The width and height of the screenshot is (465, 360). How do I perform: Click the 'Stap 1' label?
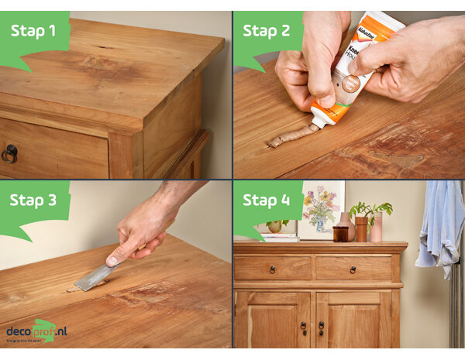[x=33, y=30]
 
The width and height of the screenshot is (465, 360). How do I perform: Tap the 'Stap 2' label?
[x=266, y=30]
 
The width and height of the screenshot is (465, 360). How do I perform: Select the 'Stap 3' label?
[x=33, y=200]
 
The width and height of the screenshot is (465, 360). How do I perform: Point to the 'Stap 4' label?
[x=266, y=200]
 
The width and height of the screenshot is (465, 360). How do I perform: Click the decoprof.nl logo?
[x=37, y=331]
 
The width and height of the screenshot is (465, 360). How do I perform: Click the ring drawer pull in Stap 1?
[x=9, y=153]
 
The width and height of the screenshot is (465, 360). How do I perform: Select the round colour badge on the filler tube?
[x=351, y=84]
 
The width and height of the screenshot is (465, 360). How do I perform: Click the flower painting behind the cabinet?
[x=321, y=207]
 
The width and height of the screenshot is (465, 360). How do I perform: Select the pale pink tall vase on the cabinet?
[x=376, y=228]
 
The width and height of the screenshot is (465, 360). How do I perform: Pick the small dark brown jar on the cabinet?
[x=341, y=233]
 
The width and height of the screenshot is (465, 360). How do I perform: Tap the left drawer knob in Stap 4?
[x=272, y=269]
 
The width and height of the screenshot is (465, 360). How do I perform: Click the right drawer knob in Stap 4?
[x=353, y=269]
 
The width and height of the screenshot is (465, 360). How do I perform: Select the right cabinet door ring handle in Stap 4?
[x=320, y=327]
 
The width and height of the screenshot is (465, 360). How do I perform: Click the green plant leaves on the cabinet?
[x=370, y=209]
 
